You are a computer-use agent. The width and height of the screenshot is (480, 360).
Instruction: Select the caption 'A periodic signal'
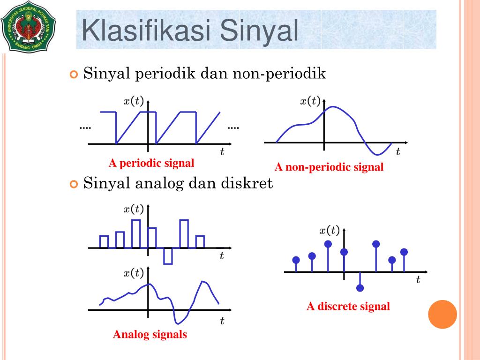pos(151,163)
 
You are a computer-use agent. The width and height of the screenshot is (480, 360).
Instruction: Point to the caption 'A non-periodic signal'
pos(329,167)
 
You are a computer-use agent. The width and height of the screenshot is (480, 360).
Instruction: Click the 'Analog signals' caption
pos(150,334)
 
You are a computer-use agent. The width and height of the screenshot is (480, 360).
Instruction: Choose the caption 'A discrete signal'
pos(348,307)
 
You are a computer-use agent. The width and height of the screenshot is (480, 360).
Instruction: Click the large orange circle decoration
pos(442,314)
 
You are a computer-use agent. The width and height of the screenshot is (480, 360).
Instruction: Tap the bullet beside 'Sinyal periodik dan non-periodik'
pos(73,75)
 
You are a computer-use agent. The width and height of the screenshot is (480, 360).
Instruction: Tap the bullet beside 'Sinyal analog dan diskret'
pos(73,184)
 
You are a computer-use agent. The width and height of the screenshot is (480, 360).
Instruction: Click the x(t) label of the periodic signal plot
pos(133,100)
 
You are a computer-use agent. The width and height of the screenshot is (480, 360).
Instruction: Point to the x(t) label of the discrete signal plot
pos(330,230)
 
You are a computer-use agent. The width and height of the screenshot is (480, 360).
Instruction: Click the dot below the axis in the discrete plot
pos(360,288)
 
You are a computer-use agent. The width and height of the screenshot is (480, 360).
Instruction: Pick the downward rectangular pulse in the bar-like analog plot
pos(168,256)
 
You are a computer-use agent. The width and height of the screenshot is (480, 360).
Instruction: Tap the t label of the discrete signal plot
pos(418,280)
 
